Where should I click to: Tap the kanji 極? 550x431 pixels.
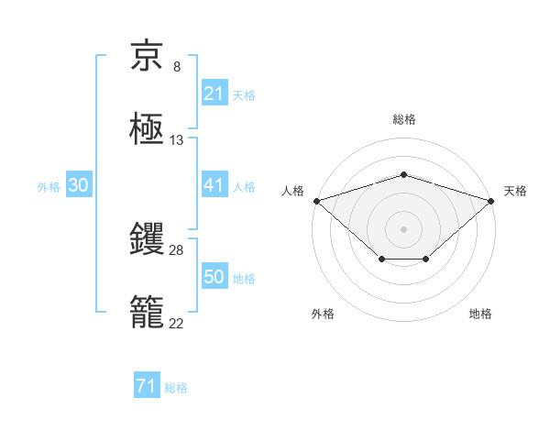(x=148, y=130)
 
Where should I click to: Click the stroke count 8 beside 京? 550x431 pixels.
(x=177, y=67)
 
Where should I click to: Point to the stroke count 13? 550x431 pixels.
(x=177, y=141)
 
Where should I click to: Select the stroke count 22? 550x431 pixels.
(x=177, y=324)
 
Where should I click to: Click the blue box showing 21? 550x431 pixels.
(x=214, y=94)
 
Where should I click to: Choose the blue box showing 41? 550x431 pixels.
(x=214, y=185)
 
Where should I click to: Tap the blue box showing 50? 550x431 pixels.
(x=214, y=277)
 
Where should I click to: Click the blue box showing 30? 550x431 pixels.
(x=79, y=185)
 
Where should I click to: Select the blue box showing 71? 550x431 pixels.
(x=147, y=387)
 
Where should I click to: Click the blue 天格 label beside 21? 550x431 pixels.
(x=244, y=94)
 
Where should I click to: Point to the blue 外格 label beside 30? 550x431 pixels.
(x=49, y=186)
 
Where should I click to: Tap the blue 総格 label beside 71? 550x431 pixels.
(x=177, y=388)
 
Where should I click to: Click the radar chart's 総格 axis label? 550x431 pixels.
(x=404, y=119)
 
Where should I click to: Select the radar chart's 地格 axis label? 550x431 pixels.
(x=480, y=315)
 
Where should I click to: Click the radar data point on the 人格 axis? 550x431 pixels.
(x=316, y=200)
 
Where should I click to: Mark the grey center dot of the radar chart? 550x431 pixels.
(x=404, y=228)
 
